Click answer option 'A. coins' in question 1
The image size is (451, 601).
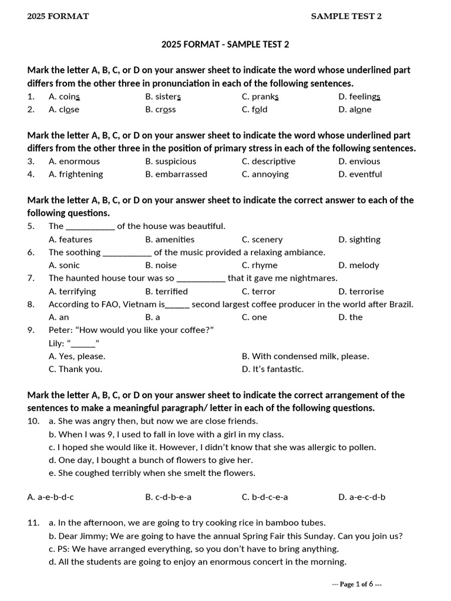point(64,96)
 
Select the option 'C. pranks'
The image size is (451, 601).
point(260,96)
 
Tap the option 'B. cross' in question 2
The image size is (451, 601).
point(160,109)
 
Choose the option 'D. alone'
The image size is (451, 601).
point(355,109)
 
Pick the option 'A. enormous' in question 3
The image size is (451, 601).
point(74,161)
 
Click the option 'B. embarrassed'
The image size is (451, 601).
point(176,174)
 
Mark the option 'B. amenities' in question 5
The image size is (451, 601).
point(170,239)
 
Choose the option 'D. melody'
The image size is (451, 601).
point(359,265)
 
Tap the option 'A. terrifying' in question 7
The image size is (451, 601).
point(72,291)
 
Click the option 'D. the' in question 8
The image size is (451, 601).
point(351,317)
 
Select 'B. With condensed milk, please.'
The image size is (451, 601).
point(305,356)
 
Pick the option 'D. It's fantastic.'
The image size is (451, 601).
point(272,369)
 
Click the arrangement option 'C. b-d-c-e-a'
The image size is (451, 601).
point(265,497)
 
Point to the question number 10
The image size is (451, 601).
point(33,421)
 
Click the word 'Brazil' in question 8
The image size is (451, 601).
point(400,304)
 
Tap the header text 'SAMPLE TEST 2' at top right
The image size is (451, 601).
point(346,16)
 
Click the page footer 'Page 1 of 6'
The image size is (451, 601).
point(357,584)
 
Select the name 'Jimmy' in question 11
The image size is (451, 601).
point(92,536)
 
